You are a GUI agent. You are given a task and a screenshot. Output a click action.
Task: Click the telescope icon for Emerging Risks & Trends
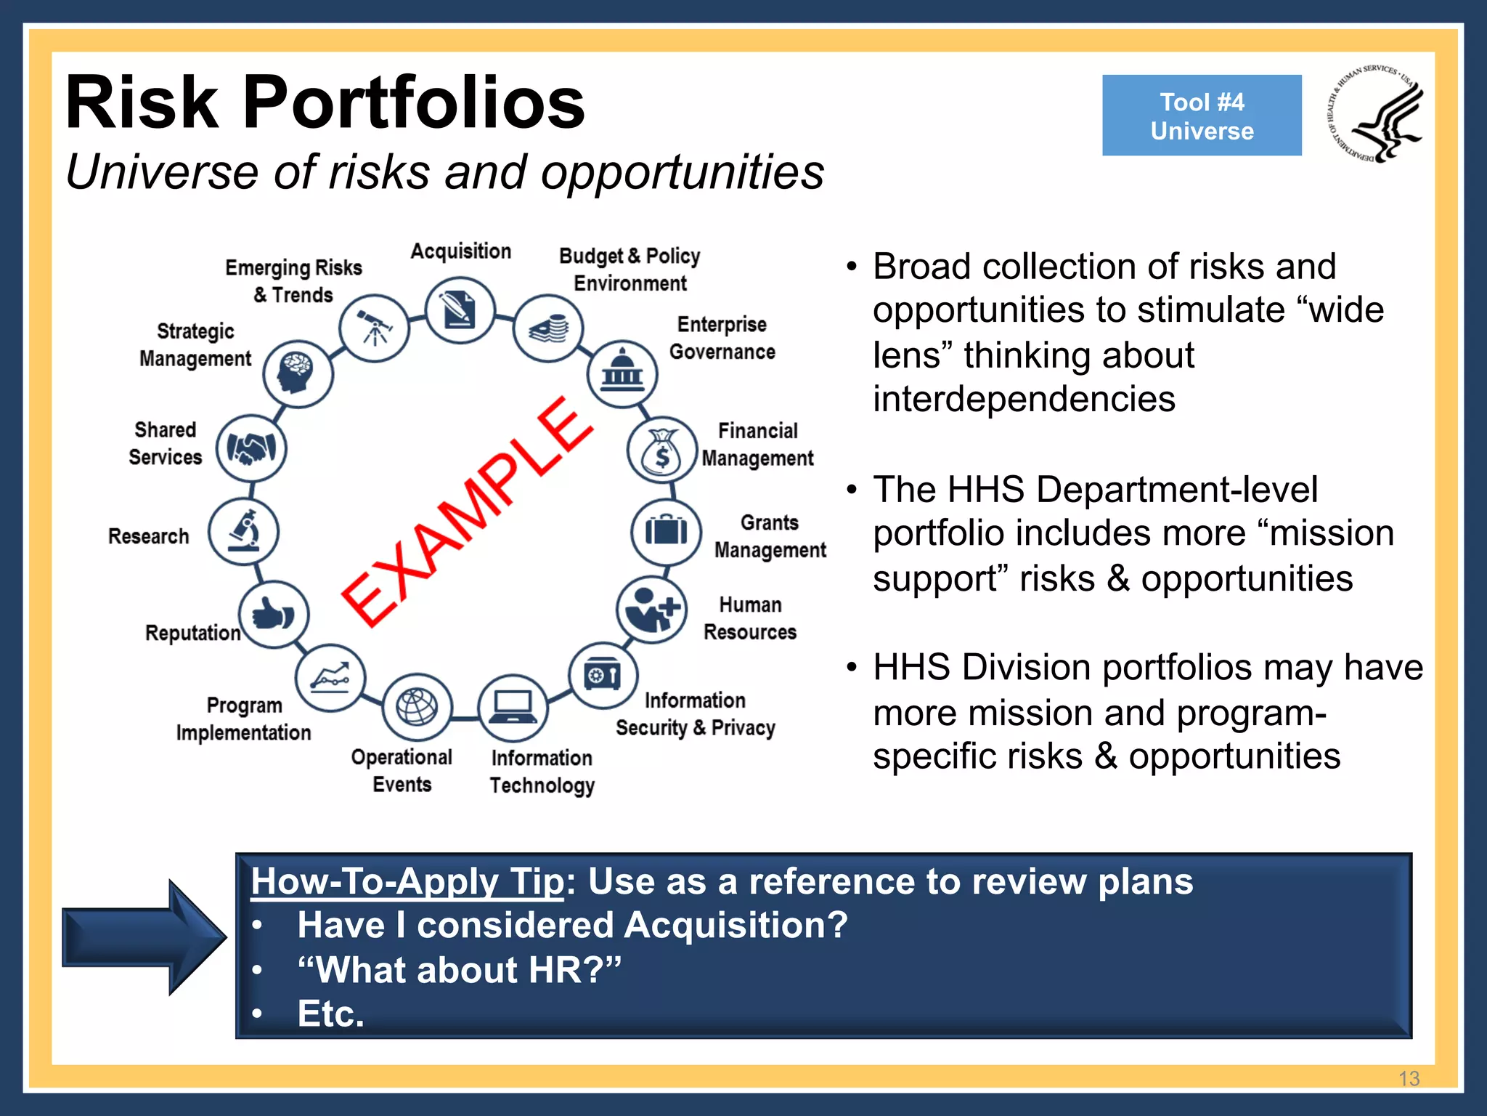(374, 328)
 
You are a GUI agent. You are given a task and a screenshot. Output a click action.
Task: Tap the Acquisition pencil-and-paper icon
(460, 311)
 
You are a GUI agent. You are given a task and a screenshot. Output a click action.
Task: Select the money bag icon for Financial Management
(661, 450)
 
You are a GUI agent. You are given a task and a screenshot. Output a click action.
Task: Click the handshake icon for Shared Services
(251, 448)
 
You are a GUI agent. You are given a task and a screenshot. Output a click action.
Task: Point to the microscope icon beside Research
(244, 532)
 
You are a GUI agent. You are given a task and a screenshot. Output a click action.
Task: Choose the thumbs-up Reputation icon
(274, 615)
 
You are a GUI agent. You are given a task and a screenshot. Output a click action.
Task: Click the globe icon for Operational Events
(417, 707)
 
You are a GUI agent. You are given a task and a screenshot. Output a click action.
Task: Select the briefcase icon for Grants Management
(666, 532)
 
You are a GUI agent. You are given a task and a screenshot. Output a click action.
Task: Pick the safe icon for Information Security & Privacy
(603, 676)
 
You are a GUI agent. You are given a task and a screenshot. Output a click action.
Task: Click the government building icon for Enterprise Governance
(622, 373)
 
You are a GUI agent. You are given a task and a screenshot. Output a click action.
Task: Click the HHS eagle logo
(1375, 113)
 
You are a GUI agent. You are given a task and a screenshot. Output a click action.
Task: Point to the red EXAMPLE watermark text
(468, 511)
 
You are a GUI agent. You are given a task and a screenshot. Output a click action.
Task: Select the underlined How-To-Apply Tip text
(407, 881)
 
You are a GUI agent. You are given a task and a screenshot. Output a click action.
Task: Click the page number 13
(1409, 1078)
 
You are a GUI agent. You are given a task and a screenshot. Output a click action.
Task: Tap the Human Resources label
(750, 618)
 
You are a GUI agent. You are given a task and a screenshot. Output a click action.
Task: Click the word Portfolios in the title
(414, 103)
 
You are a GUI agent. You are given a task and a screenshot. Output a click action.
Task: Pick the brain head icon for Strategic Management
(298, 373)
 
